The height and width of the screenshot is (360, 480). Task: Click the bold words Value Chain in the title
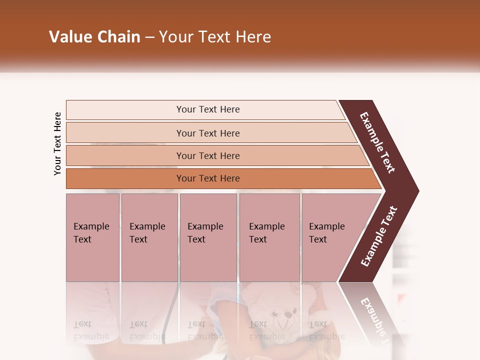(x=94, y=37)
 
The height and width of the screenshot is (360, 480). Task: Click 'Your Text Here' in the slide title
(x=215, y=37)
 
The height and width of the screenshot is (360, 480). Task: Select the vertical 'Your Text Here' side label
(x=57, y=143)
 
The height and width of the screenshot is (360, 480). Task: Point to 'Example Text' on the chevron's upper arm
(x=377, y=142)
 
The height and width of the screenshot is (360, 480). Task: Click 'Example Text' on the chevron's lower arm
(x=379, y=236)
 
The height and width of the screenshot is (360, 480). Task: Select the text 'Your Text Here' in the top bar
(x=208, y=109)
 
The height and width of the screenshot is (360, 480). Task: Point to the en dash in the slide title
(x=149, y=37)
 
